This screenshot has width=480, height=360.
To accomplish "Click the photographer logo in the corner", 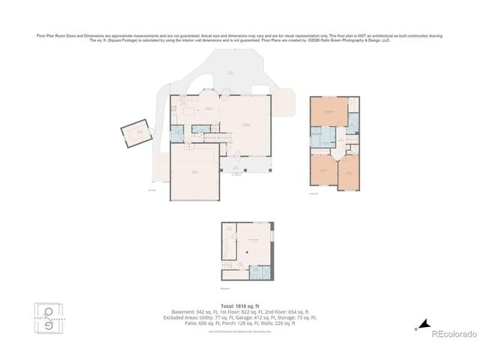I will point(51,318).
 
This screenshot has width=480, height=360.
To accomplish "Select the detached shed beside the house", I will point(138,133).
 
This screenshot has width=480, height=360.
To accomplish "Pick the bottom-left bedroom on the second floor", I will point(322,172).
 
